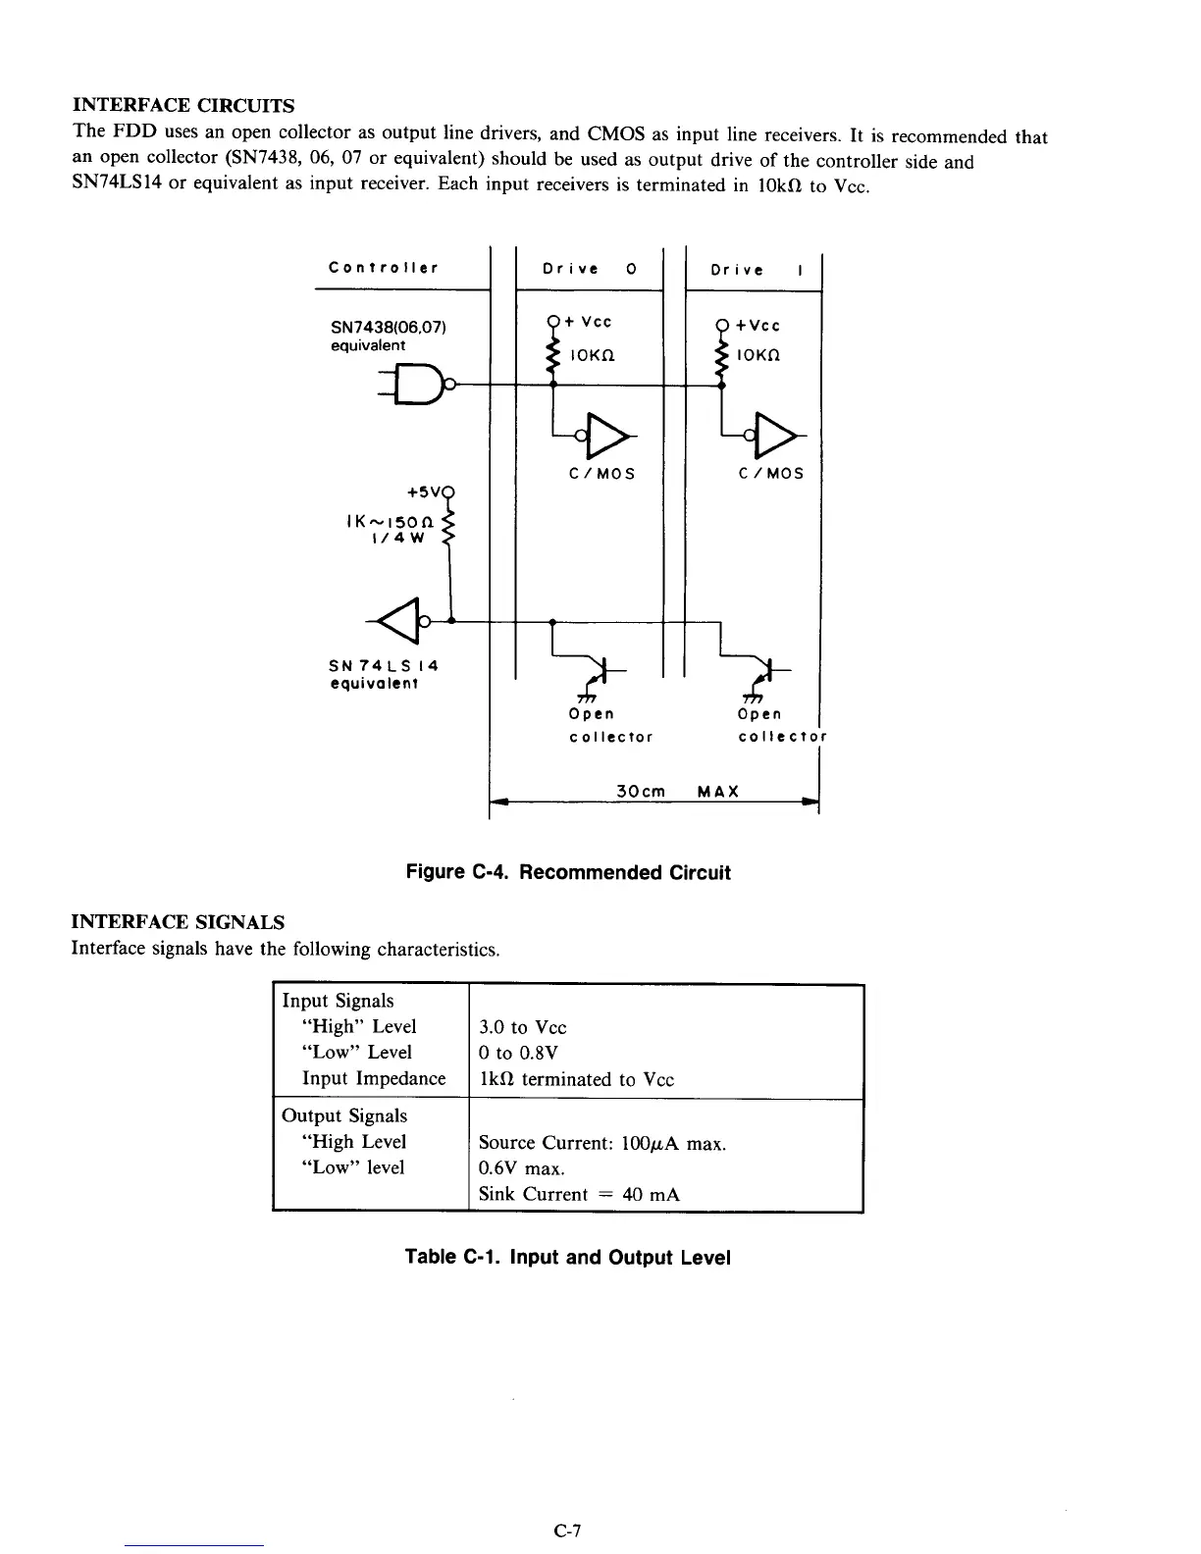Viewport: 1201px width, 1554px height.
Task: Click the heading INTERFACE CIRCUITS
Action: [x=183, y=105]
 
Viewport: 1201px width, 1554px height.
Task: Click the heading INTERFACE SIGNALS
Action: [x=179, y=922]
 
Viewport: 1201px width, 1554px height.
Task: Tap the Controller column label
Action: [x=384, y=268]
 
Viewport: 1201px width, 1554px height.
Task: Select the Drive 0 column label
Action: [x=590, y=269]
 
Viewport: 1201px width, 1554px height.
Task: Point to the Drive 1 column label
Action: [x=756, y=270]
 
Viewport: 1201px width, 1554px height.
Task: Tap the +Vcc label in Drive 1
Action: [x=760, y=326]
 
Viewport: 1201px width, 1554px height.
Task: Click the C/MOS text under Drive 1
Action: [x=770, y=473]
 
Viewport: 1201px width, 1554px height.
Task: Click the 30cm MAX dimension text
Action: [x=677, y=791]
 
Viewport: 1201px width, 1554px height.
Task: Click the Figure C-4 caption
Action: [x=568, y=873]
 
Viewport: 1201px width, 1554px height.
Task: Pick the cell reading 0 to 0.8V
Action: [x=518, y=1053]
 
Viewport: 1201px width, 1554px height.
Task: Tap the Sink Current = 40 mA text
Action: [x=579, y=1194]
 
